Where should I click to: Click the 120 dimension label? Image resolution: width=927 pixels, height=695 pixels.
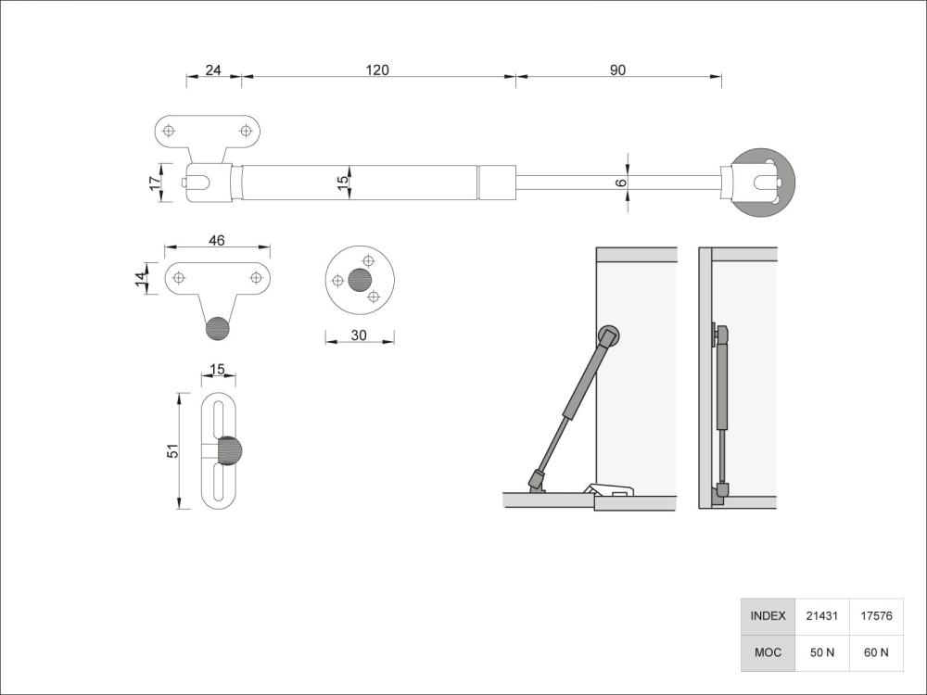[x=377, y=70]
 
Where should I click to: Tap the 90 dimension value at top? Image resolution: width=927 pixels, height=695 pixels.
[x=618, y=70]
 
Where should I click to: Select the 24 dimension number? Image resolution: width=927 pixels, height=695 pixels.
[x=213, y=70]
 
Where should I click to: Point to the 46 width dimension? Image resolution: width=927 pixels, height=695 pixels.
[x=217, y=241]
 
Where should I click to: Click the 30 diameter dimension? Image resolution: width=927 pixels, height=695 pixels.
[x=360, y=335]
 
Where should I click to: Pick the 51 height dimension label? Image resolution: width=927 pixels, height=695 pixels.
[x=171, y=450]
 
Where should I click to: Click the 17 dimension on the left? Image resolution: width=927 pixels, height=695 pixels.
[x=155, y=183]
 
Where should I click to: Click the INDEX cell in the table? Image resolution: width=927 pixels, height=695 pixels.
[x=768, y=616]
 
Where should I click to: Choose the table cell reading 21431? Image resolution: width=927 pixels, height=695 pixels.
[x=821, y=616]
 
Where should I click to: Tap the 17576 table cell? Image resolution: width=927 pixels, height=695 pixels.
[x=876, y=616]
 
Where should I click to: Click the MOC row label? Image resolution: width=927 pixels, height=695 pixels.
[x=768, y=652]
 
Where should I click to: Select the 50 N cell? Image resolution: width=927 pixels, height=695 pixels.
[x=821, y=652]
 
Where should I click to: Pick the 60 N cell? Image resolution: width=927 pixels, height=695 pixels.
[x=876, y=652]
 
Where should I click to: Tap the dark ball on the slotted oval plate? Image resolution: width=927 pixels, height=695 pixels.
[x=229, y=452]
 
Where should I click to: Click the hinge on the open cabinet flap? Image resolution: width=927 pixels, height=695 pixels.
[x=608, y=489]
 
